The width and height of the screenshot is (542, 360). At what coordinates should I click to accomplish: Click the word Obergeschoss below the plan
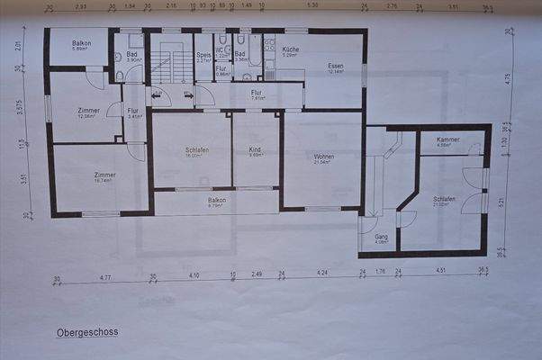tap(87, 332)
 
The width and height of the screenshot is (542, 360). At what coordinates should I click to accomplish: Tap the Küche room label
tap(290, 49)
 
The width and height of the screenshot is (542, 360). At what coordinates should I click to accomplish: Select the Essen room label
tap(335, 66)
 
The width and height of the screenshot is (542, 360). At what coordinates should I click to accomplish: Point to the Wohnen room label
tap(323, 157)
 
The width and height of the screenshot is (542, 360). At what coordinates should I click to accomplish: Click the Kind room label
tap(255, 149)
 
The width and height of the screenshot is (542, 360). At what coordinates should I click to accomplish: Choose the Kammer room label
tap(447, 139)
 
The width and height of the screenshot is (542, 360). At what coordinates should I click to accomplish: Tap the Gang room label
tap(381, 237)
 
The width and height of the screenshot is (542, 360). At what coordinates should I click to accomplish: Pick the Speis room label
tap(203, 55)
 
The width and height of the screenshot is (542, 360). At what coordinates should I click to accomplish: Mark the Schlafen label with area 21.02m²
tap(443, 199)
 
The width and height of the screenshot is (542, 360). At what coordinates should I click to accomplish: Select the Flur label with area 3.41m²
tap(136, 112)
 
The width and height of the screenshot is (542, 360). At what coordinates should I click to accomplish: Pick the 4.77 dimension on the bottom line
tap(104, 278)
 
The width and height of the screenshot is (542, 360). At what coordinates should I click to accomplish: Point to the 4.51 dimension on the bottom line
tap(440, 270)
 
